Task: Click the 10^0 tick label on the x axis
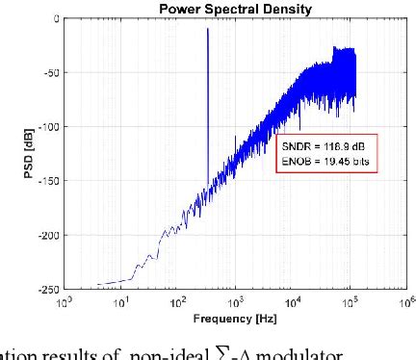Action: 65,300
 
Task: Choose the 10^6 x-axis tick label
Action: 405,300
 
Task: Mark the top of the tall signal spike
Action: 207,30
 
